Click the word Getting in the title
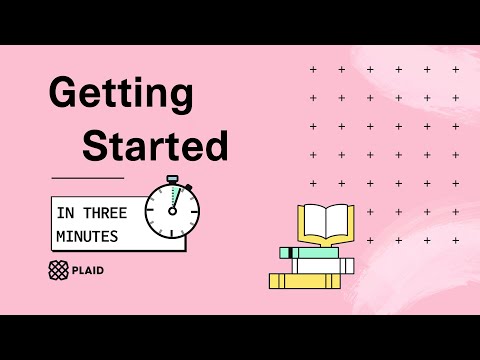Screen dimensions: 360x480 pos(120,95)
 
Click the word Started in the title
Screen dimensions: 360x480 pos(154,147)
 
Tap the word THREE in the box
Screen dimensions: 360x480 pos(103,213)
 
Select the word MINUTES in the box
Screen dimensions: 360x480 pos(88,236)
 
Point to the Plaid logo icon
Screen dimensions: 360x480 pos(59,269)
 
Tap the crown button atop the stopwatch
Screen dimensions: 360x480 pos(174,180)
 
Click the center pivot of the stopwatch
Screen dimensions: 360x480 pos(172,211)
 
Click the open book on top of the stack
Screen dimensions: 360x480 pos(326,223)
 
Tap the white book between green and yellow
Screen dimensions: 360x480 pos(323,266)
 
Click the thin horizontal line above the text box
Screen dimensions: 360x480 pos(87,178)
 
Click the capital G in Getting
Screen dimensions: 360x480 pos(65,95)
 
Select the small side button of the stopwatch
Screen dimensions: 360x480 pos(189,187)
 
